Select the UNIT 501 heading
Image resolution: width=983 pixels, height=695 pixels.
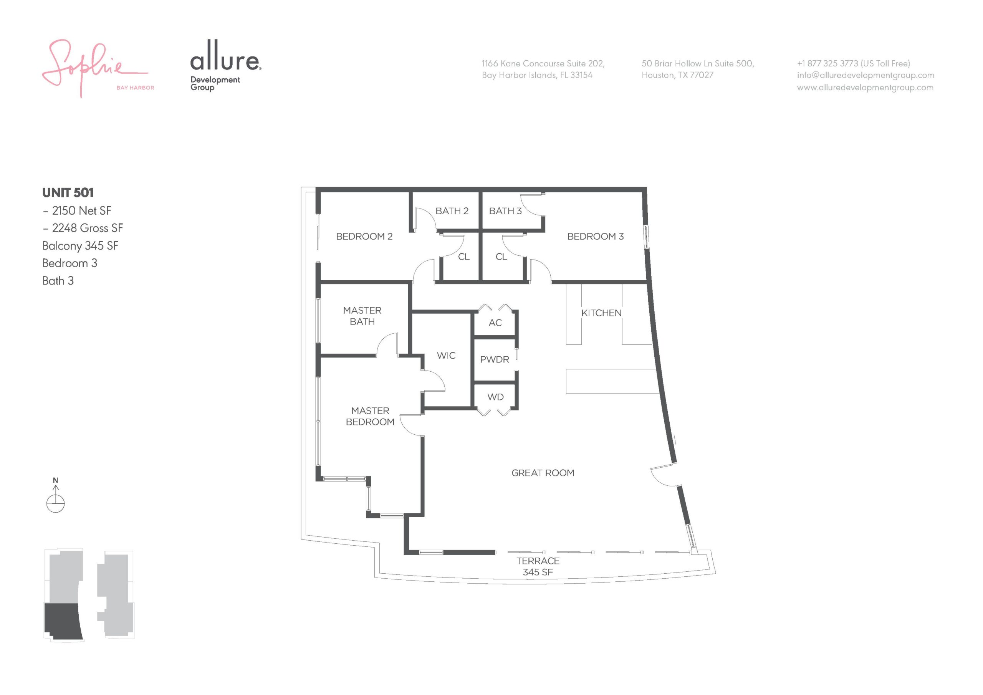[x=68, y=193]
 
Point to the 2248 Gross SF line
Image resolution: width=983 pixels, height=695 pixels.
[x=83, y=228]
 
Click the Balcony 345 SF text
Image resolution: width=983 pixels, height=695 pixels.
[x=80, y=246]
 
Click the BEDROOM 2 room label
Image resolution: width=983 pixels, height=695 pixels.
[x=364, y=237]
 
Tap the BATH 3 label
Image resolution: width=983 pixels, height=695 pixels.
[x=505, y=211]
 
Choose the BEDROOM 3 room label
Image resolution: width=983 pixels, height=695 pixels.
[x=595, y=237]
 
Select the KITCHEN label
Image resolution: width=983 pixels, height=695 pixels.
[x=601, y=313]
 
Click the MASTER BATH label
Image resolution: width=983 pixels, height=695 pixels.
[x=362, y=316]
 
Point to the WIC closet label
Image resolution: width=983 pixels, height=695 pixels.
[x=446, y=356]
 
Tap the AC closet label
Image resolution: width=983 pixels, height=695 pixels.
[x=495, y=323]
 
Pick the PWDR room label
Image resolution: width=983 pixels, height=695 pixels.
[x=495, y=360]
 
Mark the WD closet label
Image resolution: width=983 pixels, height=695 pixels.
[x=495, y=397]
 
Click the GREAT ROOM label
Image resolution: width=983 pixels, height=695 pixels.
[x=543, y=473]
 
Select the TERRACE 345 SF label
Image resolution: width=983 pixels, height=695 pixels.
[x=538, y=566]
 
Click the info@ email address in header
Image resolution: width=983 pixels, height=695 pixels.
[x=865, y=75]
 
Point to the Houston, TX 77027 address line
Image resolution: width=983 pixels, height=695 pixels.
[x=677, y=75]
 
